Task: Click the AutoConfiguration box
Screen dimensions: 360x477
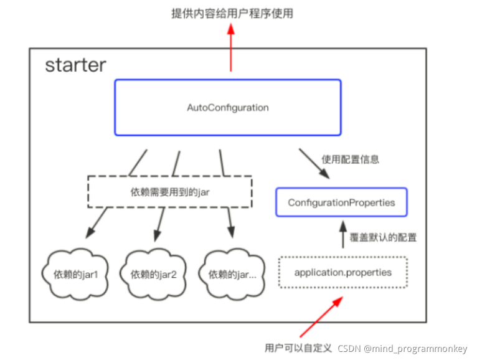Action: tap(227, 107)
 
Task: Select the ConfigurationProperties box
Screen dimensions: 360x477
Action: tap(341, 202)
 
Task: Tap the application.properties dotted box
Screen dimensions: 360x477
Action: tap(342, 273)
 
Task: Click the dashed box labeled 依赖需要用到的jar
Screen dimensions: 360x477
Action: tap(169, 191)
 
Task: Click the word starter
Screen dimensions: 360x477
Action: tap(75, 65)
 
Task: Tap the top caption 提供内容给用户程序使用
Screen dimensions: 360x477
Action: tap(231, 12)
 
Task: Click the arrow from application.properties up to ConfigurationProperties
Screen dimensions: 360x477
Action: tap(341, 235)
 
